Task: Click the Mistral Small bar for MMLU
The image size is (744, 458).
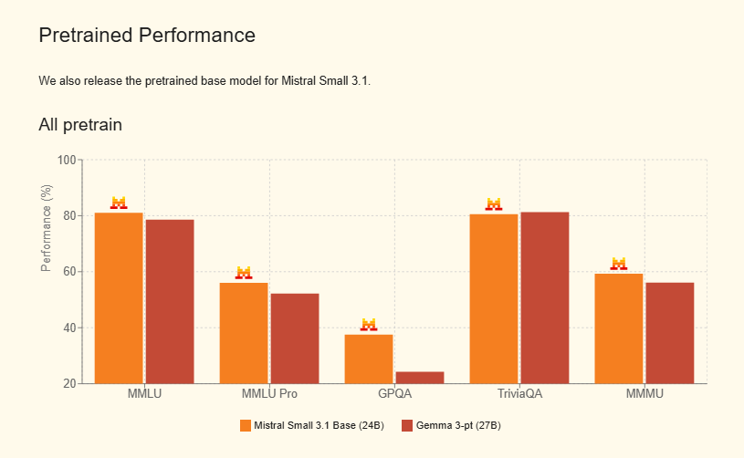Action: [x=119, y=297]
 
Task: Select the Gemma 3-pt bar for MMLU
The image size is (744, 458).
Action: [x=170, y=301]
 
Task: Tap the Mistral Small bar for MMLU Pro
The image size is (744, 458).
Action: [x=244, y=333]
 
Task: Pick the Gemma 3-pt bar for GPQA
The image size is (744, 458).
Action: [x=420, y=377]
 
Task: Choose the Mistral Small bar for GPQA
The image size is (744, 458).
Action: [x=369, y=359]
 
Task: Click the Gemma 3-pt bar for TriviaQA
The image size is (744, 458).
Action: [x=545, y=297]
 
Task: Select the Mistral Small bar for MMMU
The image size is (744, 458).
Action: [x=619, y=328]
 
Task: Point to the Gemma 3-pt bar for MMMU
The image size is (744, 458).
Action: [x=670, y=333]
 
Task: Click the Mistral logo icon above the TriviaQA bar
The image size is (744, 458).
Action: [x=494, y=203]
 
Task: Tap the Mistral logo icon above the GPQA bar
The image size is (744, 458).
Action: [x=369, y=324]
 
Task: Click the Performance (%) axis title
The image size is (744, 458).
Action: [x=47, y=227]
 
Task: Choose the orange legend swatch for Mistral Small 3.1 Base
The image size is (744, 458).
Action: [x=245, y=425]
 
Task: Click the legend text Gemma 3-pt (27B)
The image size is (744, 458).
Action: [x=458, y=425]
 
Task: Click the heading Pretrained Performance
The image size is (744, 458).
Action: [x=147, y=36]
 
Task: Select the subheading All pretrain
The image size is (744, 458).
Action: [x=80, y=124]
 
